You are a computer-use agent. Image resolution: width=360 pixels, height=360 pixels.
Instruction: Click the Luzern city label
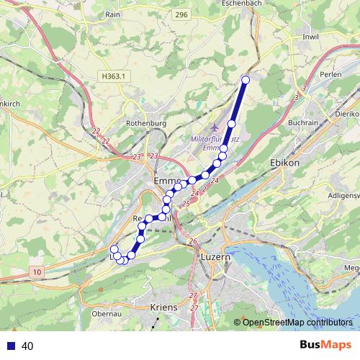[215, 256]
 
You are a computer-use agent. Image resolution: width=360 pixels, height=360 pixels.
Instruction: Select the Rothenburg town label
[145, 123]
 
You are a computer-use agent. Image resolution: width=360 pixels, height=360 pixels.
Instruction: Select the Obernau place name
[106, 314]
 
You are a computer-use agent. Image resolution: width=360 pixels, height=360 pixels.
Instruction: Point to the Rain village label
[112, 14]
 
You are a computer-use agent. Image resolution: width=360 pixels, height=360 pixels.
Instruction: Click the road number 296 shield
[202, 14]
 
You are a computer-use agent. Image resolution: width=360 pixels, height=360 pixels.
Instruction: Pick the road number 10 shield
[37, 271]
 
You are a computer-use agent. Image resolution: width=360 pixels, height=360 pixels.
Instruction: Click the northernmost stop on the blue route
[246, 80]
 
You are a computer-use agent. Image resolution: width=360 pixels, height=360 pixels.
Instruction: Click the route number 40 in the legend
[27, 346]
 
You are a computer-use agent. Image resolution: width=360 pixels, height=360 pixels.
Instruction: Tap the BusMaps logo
[325, 346]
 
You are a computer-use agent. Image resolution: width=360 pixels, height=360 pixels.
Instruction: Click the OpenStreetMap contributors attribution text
[297, 323]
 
